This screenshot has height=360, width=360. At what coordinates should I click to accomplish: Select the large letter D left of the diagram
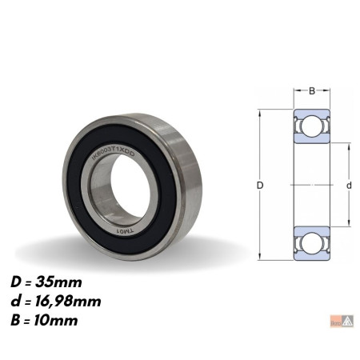(x=262, y=186)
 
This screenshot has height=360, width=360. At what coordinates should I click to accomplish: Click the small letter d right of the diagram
(x=349, y=186)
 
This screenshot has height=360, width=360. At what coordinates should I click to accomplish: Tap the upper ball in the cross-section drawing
(x=312, y=128)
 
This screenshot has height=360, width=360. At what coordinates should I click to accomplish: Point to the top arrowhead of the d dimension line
(x=349, y=146)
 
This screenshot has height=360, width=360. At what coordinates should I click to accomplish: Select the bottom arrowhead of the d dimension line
(x=349, y=224)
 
